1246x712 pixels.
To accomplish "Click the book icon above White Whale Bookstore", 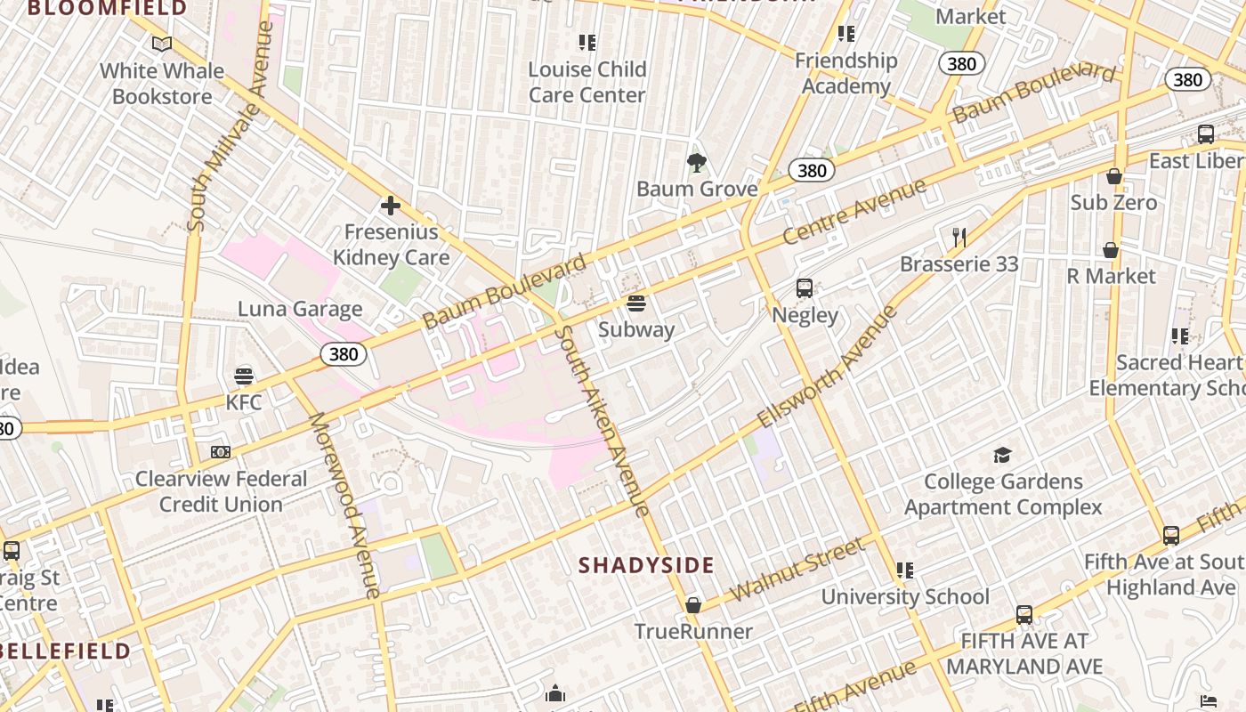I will click(161, 44).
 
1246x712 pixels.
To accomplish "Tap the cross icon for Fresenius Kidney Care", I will click(390, 206).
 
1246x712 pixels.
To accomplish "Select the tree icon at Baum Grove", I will click(696, 162).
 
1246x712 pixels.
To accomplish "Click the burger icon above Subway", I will click(635, 303).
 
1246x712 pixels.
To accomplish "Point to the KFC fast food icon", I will click(243, 376).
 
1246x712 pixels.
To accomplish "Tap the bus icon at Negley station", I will click(805, 288).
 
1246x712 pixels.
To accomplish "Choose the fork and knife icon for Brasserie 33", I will click(959, 238).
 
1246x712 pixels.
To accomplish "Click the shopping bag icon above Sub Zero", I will click(1113, 176).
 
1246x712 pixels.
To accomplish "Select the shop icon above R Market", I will click(1111, 250).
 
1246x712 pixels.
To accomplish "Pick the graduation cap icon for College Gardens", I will click(1003, 456).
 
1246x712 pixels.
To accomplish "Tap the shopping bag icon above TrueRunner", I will click(692, 606).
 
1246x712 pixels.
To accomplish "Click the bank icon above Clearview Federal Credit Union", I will click(221, 452).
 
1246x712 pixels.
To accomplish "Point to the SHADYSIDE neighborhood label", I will click(646, 565).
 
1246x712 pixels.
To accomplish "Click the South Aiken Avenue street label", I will click(601, 421).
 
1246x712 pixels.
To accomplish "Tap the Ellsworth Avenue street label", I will click(827, 366).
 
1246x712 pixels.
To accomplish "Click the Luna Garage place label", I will click(300, 309).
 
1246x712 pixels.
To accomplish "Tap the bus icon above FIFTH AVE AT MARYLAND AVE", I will click(1024, 615).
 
